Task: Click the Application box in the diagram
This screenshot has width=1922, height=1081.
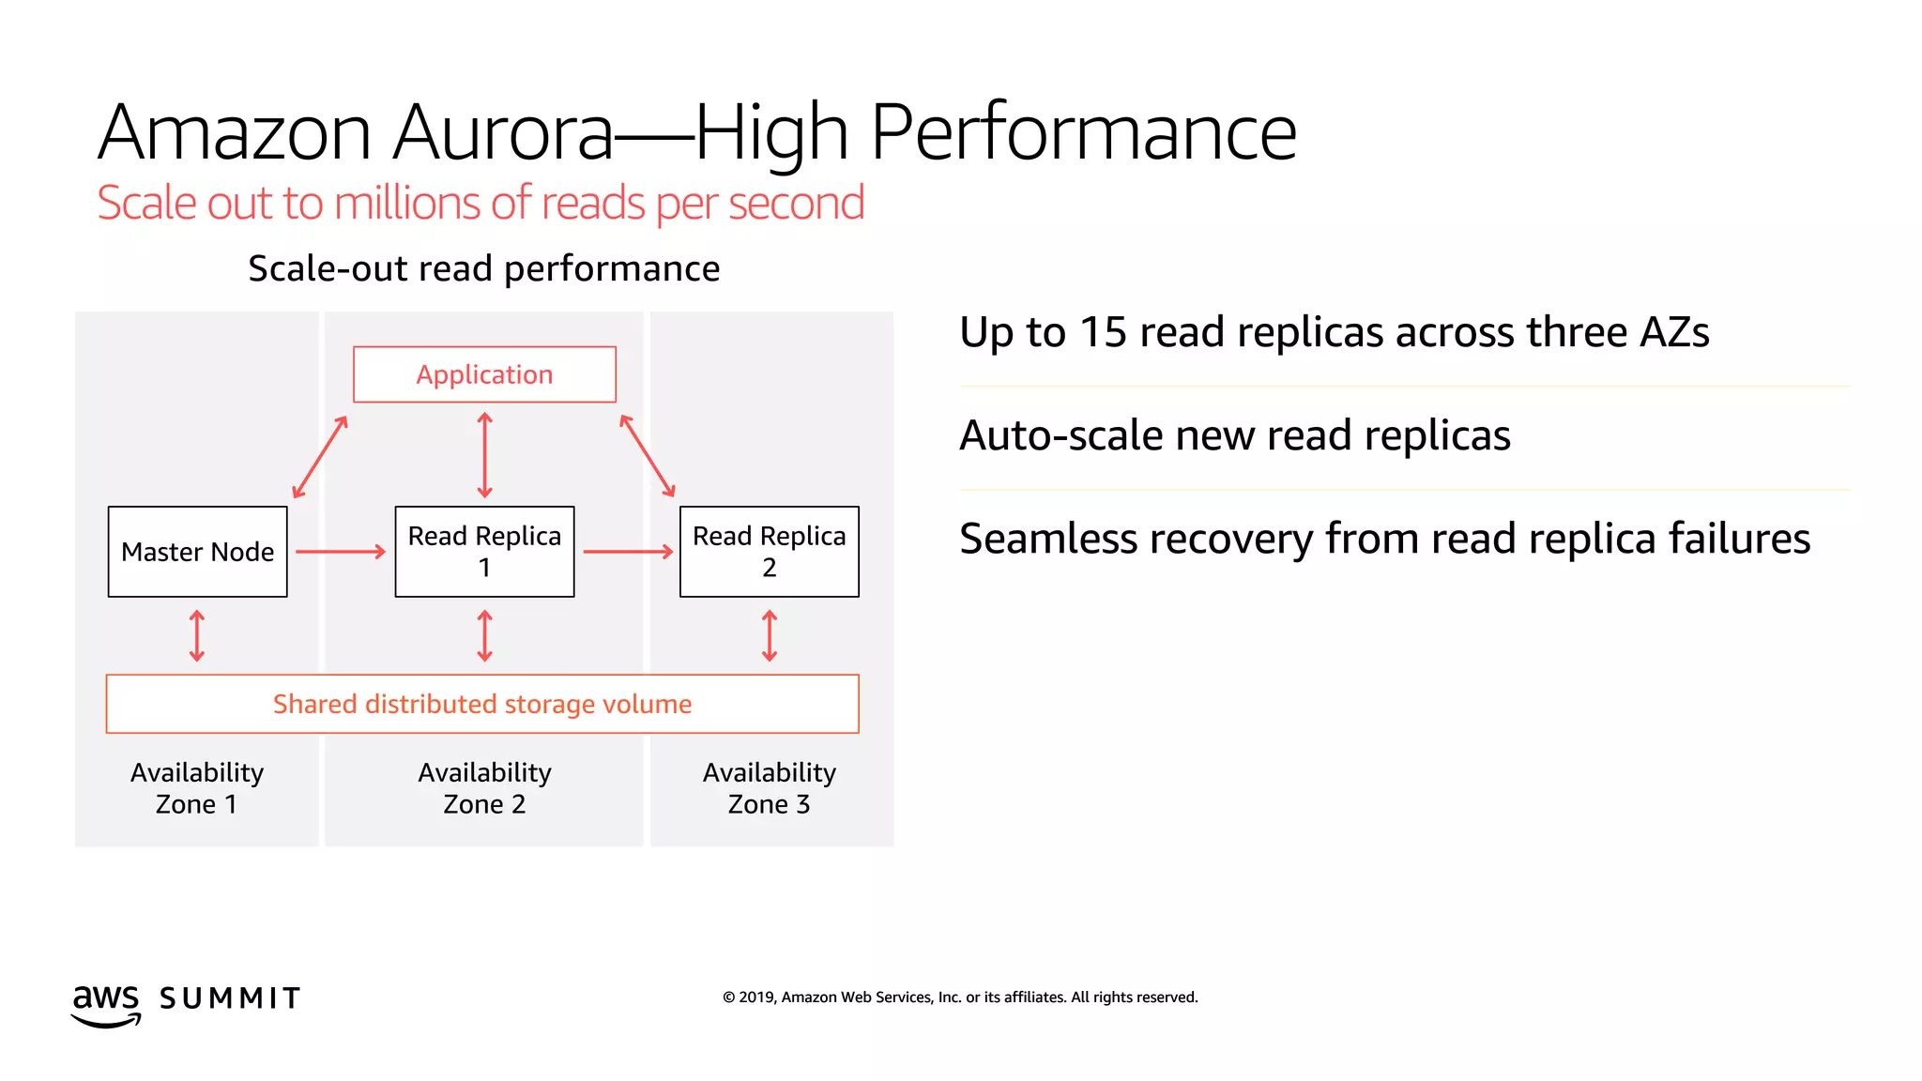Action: (x=484, y=374)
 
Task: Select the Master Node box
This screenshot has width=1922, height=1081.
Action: (x=197, y=552)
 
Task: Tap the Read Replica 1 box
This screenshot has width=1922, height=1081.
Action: (x=484, y=552)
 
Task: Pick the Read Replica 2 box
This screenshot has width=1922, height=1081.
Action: (x=769, y=552)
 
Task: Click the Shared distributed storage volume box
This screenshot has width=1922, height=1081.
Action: (x=482, y=704)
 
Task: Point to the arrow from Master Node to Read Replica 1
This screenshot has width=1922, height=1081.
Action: (x=341, y=552)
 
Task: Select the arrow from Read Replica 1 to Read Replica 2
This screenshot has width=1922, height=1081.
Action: (x=628, y=552)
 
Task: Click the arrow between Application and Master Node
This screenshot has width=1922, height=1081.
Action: (x=320, y=457)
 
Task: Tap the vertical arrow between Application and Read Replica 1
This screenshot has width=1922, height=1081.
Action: (x=484, y=455)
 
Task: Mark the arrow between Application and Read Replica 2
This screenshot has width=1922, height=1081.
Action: (x=648, y=456)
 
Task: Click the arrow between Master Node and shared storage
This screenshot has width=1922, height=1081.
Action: (x=197, y=636)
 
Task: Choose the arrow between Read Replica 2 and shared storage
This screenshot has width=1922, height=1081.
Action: (x=770, y=636)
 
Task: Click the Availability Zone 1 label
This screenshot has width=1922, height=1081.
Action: (x=197, y=788)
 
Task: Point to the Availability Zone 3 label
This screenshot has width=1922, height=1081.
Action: (x=769, y=788)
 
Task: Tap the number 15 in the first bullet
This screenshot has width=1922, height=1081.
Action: (x=1103, y=332)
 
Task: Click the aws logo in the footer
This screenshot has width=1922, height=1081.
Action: (x=106, y=1004)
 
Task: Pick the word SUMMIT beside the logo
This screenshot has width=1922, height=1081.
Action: (x=230, y=998)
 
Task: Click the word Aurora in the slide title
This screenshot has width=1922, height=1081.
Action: (x=503, y=132)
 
